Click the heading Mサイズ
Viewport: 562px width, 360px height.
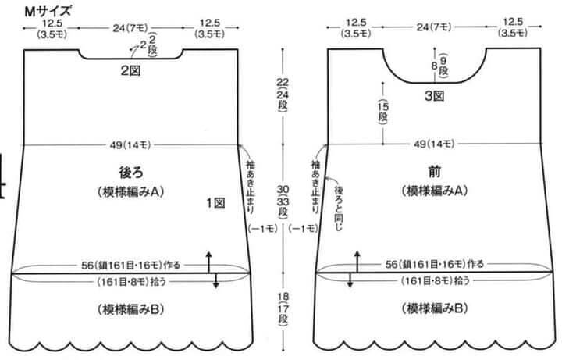pos(48,12)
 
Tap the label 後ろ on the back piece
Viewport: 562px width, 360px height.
pos(131,173)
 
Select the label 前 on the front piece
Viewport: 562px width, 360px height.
pos(435,172)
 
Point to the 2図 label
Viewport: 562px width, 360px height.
pos(130,70)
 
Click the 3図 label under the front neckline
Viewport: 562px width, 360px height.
pos(435,96)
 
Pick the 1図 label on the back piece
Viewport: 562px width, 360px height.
pos(215,203)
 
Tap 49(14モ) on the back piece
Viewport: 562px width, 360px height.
pos(130,145)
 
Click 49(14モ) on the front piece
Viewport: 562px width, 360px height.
pos(434,144)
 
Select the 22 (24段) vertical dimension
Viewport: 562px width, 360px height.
pos(283,95)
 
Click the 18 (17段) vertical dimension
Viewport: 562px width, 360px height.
pos(283,309)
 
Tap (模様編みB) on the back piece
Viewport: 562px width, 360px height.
pos(131,309)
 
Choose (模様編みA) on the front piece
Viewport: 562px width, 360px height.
pos(435,191)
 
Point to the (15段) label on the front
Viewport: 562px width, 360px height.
pos(382,112)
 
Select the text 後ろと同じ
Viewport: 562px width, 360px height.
pos(339,208)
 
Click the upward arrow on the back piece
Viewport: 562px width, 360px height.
pos(209,262)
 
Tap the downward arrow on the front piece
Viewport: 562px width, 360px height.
pos(350,280)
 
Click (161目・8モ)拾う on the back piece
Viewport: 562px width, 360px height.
pos(132,282)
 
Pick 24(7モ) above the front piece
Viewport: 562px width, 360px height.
pos(434,27)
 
